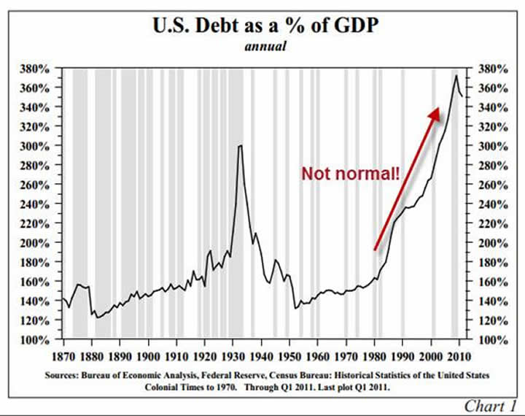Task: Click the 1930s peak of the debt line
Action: (x=240, y=146)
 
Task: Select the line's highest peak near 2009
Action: (x=456, y=75)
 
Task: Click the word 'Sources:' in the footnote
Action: (x=94, y=374)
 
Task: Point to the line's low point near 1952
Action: (x=295, y=308)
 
